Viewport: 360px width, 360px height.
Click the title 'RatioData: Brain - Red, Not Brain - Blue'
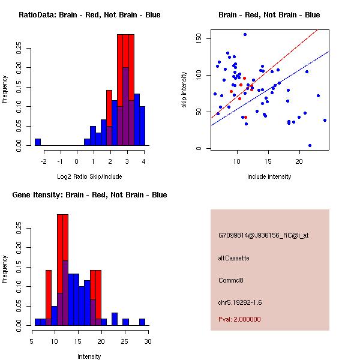(89, 15)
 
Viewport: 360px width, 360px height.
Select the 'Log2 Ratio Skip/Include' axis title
(89, 176)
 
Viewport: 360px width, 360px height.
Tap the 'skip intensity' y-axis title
(185, 89)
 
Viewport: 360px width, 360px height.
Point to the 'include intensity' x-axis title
(269, 176)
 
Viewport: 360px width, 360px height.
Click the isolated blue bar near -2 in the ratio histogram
(38, 142)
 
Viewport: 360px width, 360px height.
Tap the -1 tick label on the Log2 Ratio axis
(60, 161)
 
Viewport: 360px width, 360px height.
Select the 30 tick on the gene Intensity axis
(148, 341)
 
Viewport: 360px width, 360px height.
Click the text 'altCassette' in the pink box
(234, 258)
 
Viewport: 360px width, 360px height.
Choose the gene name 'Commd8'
(231, 280)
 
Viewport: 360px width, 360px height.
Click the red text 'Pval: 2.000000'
(239, 320)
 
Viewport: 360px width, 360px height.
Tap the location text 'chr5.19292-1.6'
(240, 302)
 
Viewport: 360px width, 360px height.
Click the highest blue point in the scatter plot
(245, 34)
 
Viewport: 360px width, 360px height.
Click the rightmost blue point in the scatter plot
(325, 120)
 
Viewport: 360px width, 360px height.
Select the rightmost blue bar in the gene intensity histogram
(142, 322)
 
